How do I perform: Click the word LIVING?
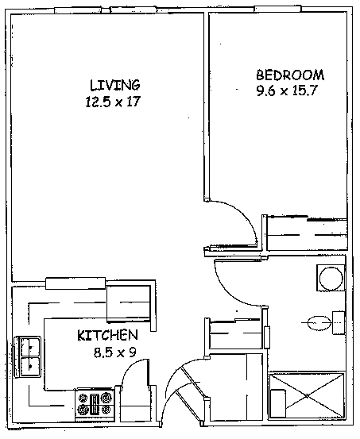coord(114,85)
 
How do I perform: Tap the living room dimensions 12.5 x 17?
coord(112,102)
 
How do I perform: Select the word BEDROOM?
coord(290,75)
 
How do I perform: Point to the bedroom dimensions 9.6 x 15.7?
coord(287,90)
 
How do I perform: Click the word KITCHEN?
coord(107,336)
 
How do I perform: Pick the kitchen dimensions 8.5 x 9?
coord(115,352)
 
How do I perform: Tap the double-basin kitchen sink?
coord(28,356)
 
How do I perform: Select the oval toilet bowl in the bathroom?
coord(319,323)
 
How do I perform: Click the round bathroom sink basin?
coord(331,279)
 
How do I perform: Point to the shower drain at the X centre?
coord(308,396)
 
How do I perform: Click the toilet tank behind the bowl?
coord(339,323)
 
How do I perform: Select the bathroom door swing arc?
coord(230,291)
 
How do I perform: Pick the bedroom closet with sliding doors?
coord(307,233)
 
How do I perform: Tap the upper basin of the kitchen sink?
coord(30,347)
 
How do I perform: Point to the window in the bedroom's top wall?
coord(277,9)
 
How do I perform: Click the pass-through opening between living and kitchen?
coord(75,283)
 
